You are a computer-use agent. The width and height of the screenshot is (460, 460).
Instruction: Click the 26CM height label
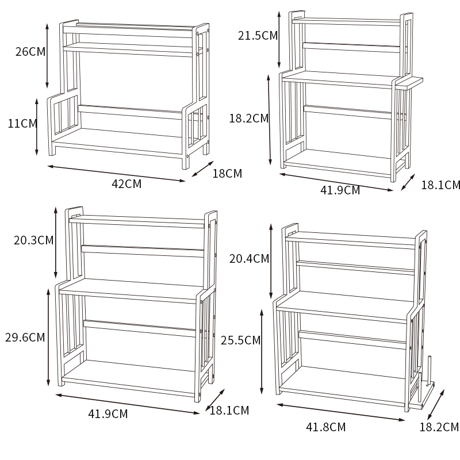click(x=30, y=52)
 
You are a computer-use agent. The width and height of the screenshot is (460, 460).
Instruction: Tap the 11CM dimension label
click(x=22, y=124)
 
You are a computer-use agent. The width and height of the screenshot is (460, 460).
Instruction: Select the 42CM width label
click(x=126, y=184)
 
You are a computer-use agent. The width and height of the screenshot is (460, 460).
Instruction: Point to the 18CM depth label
click(x=227, y=174)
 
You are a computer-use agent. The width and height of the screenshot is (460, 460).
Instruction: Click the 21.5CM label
click(x=258, y=36)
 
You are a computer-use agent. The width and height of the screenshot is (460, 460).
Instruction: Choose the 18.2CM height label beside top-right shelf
click(x=249, y=118)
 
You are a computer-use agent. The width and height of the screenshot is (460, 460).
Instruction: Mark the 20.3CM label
click(x=33, y=240)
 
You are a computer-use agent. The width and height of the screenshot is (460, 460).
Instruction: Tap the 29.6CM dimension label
click(x=25, y=338)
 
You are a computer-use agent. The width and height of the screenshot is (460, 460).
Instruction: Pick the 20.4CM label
click(x=249, y=259)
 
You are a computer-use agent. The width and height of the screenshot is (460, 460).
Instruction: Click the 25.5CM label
click(x=240, y=340)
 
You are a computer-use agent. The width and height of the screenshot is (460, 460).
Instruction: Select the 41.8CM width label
click(x=325, y=427)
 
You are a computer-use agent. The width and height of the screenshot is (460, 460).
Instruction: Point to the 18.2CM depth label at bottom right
click(x=439, y=427)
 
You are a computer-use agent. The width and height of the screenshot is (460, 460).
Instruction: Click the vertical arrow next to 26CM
click(x=47, y=56)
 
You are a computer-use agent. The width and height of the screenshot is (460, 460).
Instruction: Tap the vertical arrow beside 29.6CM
click(x=48, y=338)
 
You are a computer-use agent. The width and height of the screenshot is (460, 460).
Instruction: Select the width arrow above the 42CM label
click(x=117, y=174)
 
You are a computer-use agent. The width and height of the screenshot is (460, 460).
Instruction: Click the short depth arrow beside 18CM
click(x=203, y=169)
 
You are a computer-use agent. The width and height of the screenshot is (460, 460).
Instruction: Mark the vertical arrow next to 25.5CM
click(x=262, y=352)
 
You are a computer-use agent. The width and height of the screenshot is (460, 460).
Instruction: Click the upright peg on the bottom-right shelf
click(x=430, y=370)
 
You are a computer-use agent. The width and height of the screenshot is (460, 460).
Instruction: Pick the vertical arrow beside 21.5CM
click(x=279, y=40)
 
